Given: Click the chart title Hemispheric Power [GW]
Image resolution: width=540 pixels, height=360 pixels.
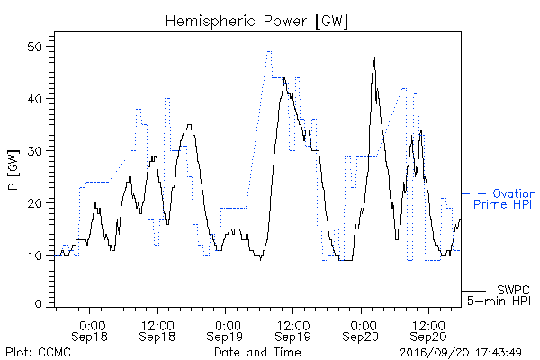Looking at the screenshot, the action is pos(256,22).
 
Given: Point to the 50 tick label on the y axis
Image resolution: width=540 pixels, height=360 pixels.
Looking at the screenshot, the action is pos(35,47).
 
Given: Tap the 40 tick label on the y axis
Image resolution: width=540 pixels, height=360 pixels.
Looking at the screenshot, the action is pos(35,99).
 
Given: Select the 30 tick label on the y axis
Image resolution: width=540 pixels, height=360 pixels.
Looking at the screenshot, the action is pos(35,151).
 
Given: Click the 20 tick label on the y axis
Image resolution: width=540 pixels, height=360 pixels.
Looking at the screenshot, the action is pos(35,203).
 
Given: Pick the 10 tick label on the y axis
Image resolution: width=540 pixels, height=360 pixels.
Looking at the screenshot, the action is pos(35,256).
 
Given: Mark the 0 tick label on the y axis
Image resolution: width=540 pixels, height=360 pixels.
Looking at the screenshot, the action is pos(38,304).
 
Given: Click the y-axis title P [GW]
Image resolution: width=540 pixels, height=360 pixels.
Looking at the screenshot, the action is pos(14,170).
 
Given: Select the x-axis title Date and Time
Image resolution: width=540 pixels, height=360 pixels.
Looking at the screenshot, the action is pos(257,352).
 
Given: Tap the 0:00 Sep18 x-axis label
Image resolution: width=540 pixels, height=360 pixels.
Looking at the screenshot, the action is pos(89,330).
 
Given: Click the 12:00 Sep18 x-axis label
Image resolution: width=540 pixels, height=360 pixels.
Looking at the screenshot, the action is pos(157,330).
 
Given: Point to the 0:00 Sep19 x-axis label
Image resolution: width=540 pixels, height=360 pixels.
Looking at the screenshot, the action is pos(225,330).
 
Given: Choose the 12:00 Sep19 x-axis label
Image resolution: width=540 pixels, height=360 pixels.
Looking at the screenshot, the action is pos(292,330).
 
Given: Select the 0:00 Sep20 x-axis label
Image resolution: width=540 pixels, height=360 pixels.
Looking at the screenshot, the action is pos(361,330).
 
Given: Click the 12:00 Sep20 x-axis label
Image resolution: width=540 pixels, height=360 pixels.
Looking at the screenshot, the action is pos(428,330).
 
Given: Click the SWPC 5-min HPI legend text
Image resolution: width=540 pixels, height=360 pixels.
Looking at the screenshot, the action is pos(499,295).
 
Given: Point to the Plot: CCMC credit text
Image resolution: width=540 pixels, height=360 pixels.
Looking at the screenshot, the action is pos(38,352).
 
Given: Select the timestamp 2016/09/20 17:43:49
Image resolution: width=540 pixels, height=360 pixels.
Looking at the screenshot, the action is pos(461,353).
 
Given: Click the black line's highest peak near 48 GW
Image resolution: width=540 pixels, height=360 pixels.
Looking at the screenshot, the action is pos(374,58).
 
